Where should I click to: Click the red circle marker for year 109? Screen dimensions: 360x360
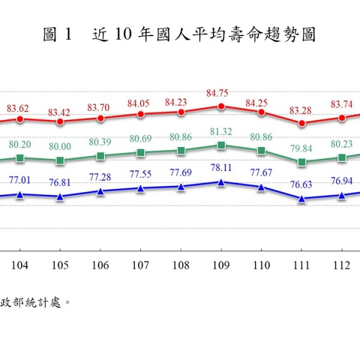221,106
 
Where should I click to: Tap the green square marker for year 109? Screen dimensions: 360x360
221,145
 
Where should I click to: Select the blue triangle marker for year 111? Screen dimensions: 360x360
302,199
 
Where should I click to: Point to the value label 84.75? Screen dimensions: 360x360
221,94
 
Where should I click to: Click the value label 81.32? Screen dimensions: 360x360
221,133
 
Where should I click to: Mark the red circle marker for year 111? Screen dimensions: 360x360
302,123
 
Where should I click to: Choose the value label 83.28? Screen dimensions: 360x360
302,110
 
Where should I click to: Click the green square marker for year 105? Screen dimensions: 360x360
60,161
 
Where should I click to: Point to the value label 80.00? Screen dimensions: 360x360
60,148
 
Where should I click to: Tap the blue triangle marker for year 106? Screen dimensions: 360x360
100,191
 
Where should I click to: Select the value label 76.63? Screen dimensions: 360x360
302,185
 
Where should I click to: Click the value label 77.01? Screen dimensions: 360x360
20,179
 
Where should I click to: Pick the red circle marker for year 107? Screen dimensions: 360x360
140,114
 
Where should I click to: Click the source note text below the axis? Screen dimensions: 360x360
36,302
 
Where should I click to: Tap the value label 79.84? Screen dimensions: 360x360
302,148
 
